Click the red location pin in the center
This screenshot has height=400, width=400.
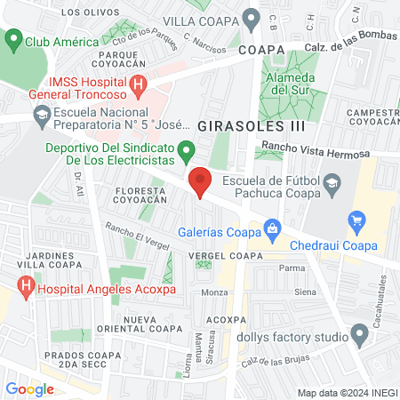click(x=201, y=181)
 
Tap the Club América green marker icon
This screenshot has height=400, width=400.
click(x=12, y=40)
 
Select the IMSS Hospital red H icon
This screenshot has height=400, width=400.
click(x=138, y=86)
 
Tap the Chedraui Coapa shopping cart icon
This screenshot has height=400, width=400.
click(x=358, y=220)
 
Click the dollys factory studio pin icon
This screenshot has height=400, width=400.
click(x=360, y=336)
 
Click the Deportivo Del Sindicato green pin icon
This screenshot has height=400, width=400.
click(x=185, y=150)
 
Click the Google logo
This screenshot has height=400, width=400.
click(x=30, y=388)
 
